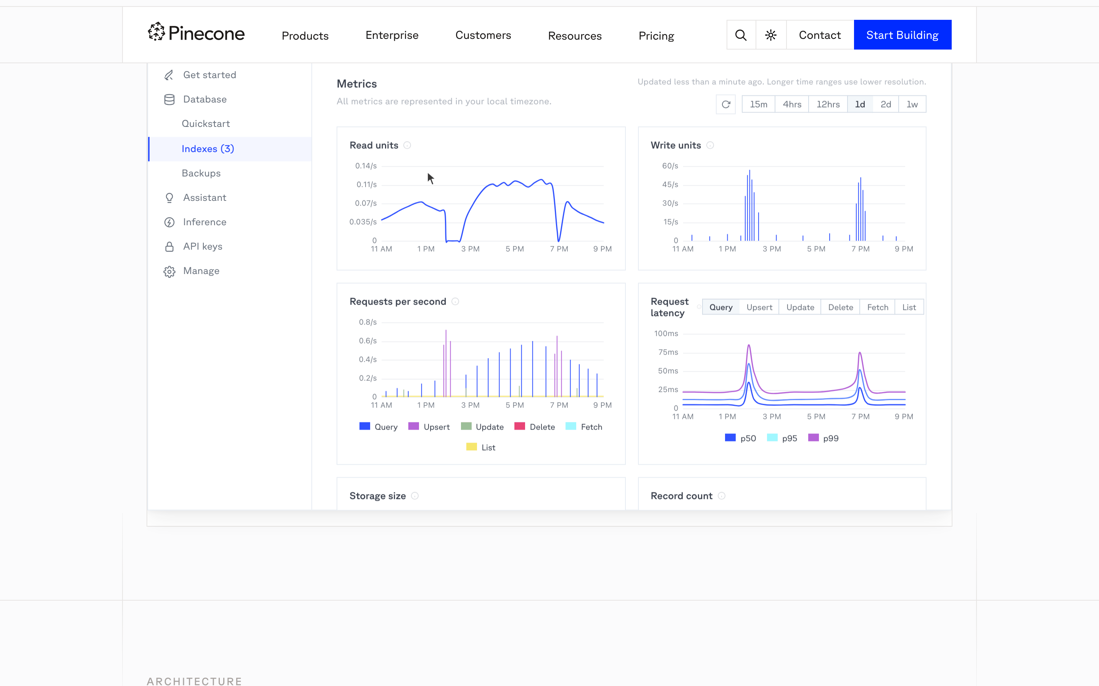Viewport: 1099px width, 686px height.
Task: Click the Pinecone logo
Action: (x=196, y=33)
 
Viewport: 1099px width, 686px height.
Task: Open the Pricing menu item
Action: (x=656, y=35)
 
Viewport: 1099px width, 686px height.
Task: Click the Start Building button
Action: (x=902, y=35)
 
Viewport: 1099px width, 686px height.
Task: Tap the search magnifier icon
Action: (x=741, y=35)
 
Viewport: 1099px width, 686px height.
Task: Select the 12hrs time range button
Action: (x=828, y=104)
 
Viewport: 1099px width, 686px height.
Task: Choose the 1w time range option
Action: (x=912, y=104)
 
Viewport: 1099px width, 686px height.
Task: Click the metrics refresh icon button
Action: (x=726, y=104)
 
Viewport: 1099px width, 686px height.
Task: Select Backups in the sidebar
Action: (x=201, y=173)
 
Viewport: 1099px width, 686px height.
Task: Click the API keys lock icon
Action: (x=169, y=246)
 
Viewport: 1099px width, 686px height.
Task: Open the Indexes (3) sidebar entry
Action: (x=208, y=149)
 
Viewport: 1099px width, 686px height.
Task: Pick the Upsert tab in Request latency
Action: (x=759, y=307)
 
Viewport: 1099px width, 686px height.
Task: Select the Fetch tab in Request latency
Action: (x=877, y=307)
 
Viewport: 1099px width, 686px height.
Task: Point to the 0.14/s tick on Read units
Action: (x=366, y=166)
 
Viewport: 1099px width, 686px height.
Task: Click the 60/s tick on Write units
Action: (x=670, y=166)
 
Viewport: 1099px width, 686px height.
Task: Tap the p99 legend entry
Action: (x=823, y=438)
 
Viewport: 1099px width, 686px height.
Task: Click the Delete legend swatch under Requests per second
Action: (x=519, y=426)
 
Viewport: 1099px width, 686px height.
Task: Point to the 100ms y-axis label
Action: (x=666, y=333)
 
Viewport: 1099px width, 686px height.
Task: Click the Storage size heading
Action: (x=377, y=496)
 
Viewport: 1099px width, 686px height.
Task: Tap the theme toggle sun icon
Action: (x=771, y=35)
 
